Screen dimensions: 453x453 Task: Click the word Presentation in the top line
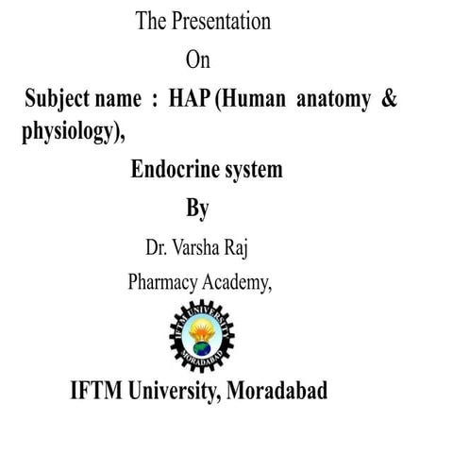[x=220, y=21]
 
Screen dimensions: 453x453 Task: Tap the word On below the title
[x=197, y=60]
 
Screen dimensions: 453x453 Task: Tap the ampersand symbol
[x=388, y=101]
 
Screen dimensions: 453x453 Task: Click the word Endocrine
[x=176, y=171]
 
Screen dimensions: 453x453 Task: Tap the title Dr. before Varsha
[x=157, y=248]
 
